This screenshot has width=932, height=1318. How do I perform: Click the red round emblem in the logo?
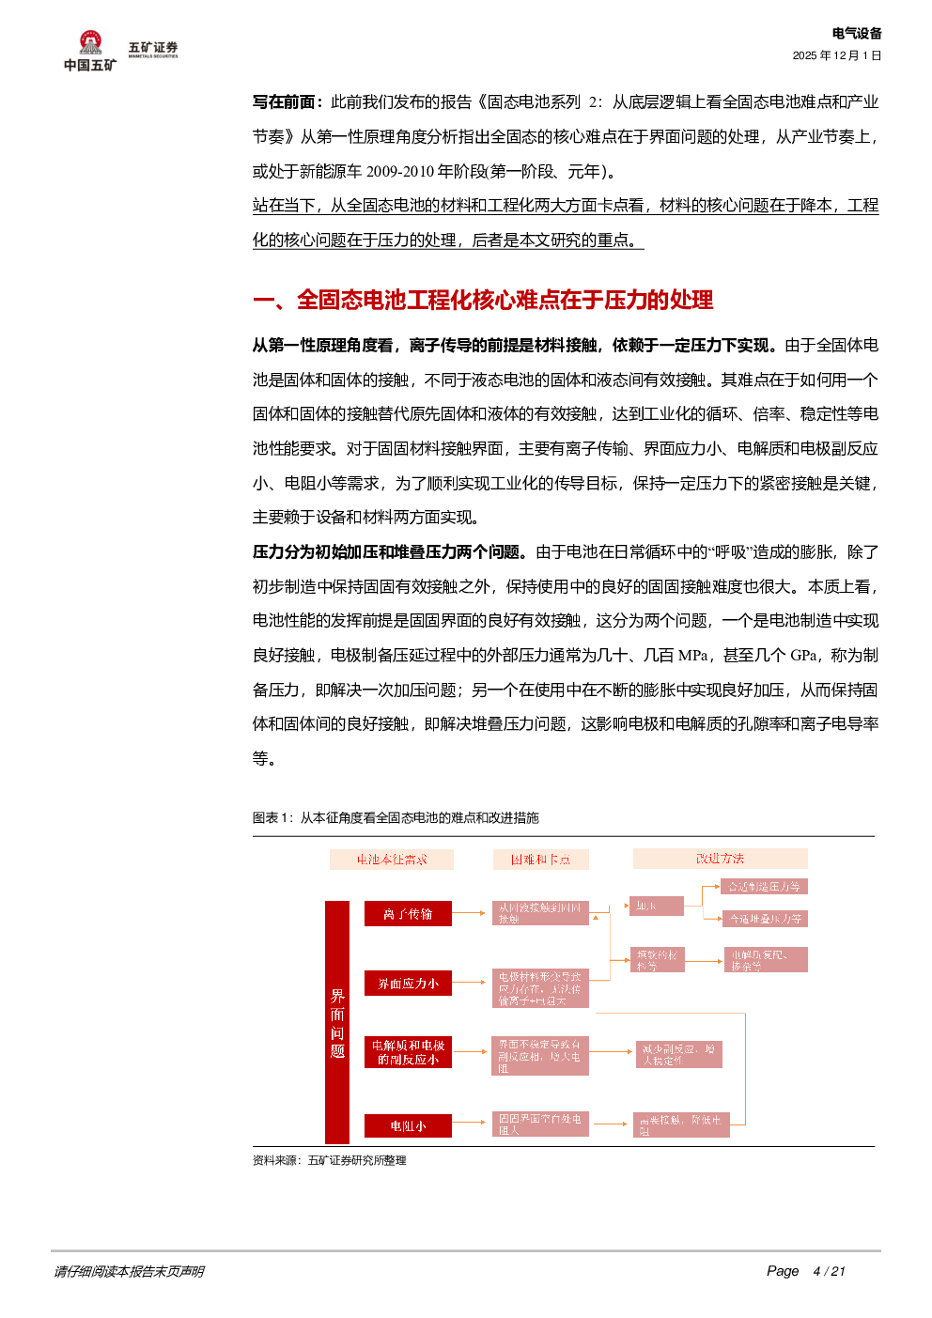point(90,42)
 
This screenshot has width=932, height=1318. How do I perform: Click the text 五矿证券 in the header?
point(153,47)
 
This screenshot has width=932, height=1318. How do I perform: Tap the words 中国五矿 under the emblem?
point(90,65)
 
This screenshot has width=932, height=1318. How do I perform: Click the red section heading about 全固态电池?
point(483,300)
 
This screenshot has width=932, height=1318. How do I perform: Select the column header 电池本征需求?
point(391,860)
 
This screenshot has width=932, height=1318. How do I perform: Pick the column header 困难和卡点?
point(540,860)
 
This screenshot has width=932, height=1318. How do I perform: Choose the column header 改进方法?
point(720,859)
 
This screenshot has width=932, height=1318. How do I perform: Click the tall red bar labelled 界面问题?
point(336,1022)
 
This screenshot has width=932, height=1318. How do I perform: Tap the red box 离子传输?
point(408,914)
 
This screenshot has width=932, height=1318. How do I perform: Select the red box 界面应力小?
point(408,984)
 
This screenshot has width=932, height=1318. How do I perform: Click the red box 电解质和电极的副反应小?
point(408,1052)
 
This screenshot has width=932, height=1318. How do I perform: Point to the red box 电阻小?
point(408,1125)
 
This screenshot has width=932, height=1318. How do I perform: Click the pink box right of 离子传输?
point(540,913)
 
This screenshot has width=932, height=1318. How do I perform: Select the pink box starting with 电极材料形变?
point(540,988)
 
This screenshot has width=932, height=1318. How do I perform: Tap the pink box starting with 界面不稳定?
point(540,1056)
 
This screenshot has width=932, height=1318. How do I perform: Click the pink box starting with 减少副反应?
point(678,1054)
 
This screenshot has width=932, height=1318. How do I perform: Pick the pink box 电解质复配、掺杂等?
point(765,960)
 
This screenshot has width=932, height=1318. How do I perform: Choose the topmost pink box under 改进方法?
point(764,886)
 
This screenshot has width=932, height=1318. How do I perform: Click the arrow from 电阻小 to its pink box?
point(471,1124)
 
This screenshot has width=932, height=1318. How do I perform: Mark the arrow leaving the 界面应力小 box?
point(471,983)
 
